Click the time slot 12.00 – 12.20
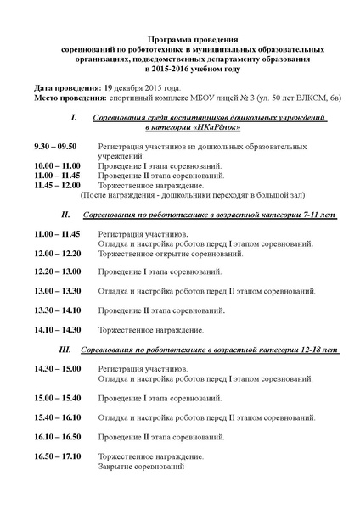[x=58, y=253]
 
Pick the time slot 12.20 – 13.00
[x=58, y=271]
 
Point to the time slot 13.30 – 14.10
[x=58, y=310]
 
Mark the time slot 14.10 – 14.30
[x=58, y=329]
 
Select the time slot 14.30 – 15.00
[x=58, y=369]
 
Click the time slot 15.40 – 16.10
[x=58, y=417]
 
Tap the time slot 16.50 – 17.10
[x=58, y=456]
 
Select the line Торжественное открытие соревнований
[x=167, y=253]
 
